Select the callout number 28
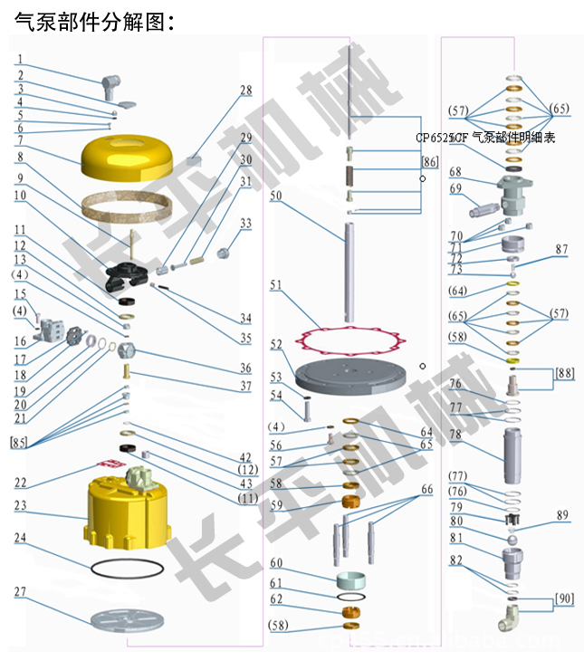[245, 91]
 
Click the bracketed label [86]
[430, 161]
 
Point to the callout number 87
[561, 249]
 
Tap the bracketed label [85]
[20, 443]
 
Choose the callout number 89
[562, 516]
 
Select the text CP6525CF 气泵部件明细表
[485, 138]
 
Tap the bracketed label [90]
[563, 599]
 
